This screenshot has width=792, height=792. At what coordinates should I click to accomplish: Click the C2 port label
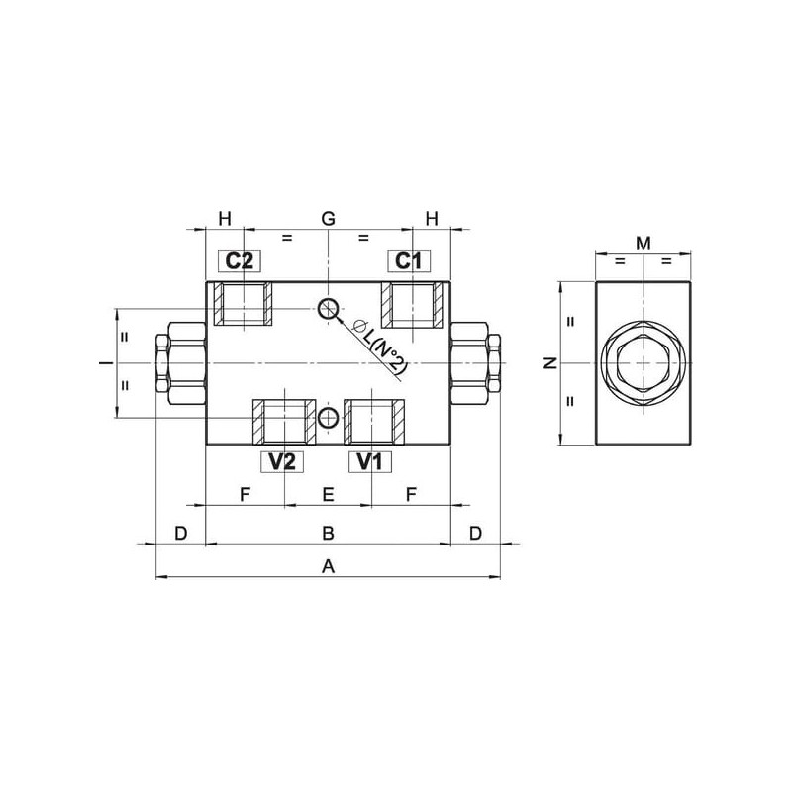click(x=239, y=261)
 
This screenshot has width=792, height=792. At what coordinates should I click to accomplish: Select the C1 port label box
click(x=409, y=261)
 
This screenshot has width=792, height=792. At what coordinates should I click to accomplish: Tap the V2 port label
click(x=282, y=461)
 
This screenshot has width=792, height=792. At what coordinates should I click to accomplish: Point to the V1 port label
click(x=370, y=461)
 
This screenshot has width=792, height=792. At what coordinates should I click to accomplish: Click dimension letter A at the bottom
click(x=329, y=566)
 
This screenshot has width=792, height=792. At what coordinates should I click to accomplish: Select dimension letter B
click(x=329, y=533)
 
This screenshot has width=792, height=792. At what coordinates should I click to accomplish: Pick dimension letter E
click(x=329, y=494)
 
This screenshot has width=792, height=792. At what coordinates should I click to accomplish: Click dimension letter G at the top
click(x=329, y=218)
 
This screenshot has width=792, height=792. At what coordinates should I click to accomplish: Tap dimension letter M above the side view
click(x=643, y=244)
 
